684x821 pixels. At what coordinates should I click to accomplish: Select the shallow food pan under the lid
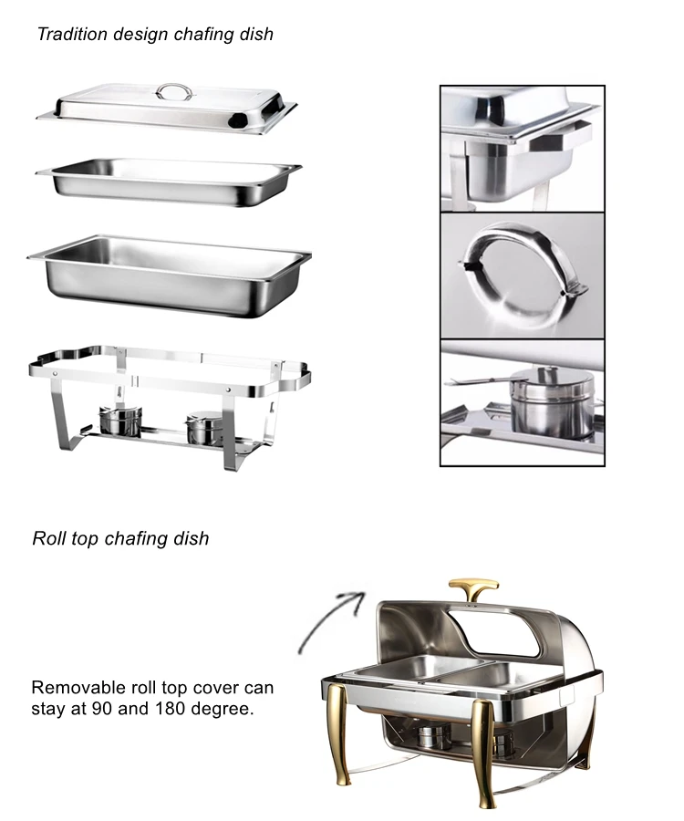point(169,178)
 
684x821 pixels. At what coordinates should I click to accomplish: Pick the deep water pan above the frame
point(169,274)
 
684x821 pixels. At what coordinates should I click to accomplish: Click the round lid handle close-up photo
point(522,275)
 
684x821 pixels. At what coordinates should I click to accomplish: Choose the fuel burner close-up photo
point(522,402)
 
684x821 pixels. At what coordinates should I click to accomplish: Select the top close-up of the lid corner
point(522,149)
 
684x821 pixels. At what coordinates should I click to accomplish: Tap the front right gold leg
point(484,743)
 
